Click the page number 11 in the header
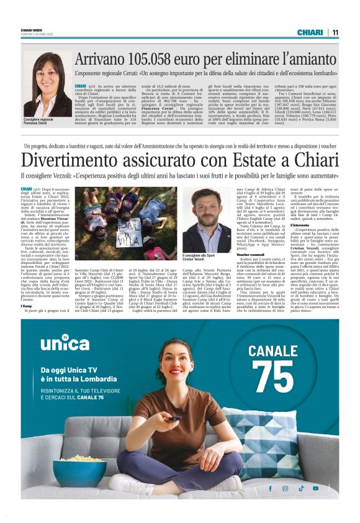pyautogui.click(x=335, y=32)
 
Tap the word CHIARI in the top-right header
pyautogui.click(x=310, y=32)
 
